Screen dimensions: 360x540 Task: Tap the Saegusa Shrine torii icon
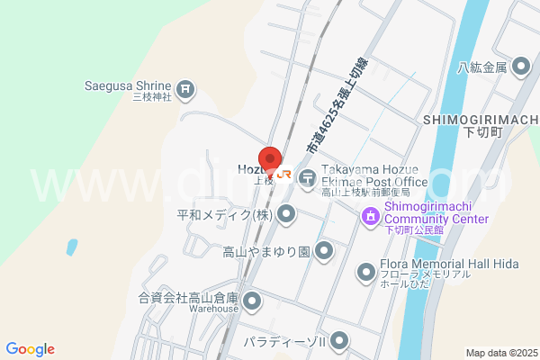click(185, 88)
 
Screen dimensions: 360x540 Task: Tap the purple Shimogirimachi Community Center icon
click(369, 216)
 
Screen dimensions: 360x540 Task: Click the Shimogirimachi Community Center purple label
click(436, 213)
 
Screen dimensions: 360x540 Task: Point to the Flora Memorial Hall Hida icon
click(365, 271)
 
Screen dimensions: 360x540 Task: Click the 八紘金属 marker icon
click(520, 67)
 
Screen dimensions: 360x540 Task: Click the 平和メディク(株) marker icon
click(286, 214)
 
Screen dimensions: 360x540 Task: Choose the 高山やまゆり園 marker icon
click(324, 250)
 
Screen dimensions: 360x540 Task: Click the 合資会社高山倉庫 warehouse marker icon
click(252, 300)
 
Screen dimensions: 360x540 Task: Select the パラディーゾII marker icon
click(339, 341)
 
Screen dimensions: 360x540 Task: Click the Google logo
click(30, 349)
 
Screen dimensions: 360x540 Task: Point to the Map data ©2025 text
click(500, 353)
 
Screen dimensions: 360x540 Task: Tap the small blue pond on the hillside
click(70, 245)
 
